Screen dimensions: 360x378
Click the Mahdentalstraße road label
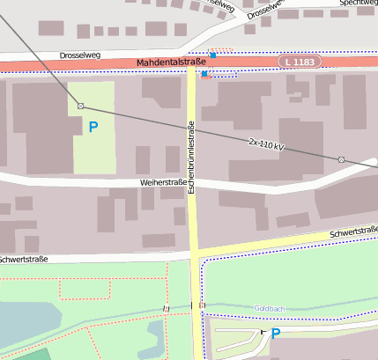point(171,62)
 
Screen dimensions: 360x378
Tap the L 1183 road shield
point(300,62)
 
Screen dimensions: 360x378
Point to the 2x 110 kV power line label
point(266,143)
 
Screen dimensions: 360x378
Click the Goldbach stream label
point(268,307)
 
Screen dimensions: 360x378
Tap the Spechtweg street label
point(356,4)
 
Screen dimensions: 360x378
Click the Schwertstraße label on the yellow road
point(352,232)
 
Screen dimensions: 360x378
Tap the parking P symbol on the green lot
point(93,128)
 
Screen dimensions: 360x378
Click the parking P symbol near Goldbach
point(275,334)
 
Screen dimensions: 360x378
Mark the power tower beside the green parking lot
point(80,106)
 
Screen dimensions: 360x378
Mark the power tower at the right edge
point(341,159)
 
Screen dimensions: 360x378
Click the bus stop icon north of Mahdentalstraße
point(212,55)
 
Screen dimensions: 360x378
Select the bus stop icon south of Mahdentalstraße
point(204,75)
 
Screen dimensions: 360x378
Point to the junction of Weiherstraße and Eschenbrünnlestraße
point(191,184)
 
